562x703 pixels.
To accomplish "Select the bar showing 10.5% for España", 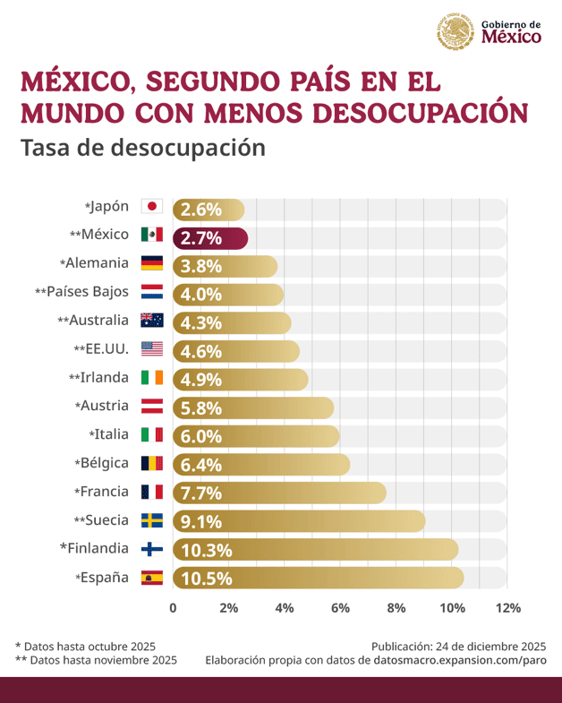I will [318, 579].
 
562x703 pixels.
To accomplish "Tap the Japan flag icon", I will [151, 207].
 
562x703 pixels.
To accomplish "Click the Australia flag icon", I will [151, 320].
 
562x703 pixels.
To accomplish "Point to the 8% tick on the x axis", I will [396, 608].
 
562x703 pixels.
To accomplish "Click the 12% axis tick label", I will [507, 608].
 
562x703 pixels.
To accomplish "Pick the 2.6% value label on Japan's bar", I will [200, 210].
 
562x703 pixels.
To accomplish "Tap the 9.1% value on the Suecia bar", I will [200, 522].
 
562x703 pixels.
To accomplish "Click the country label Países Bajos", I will [87, 292].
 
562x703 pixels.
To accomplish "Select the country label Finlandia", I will [94, 547].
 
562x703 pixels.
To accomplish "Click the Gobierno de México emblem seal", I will [455, 31].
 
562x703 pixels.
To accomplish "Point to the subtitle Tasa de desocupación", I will [142, 147].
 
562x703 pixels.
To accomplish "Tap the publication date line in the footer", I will [458, 645].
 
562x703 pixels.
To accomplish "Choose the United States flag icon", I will [151, 348].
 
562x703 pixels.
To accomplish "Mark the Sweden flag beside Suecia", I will [151, 519].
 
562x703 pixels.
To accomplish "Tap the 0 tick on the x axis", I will [173, 608].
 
